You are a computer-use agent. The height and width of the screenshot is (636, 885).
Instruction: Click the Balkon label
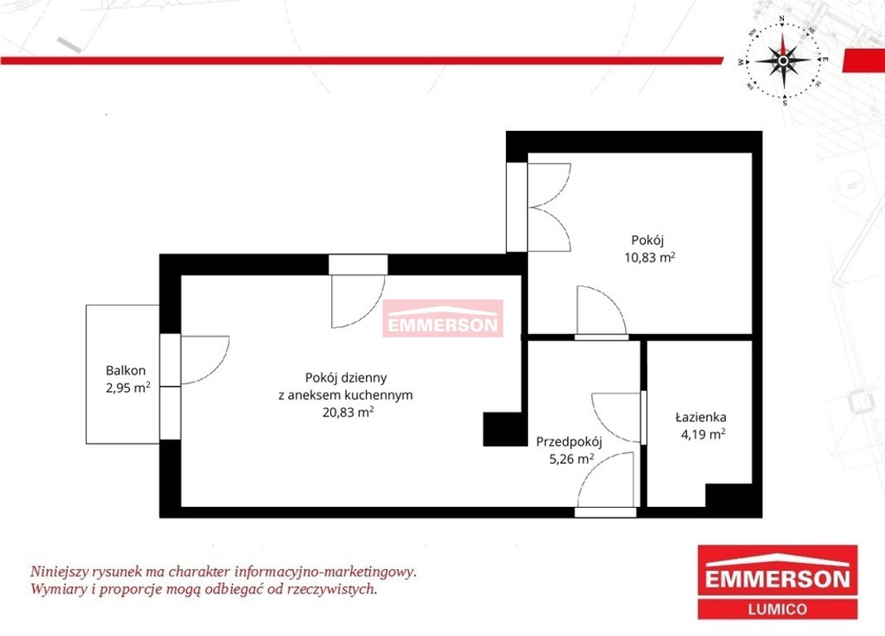pos(125,370)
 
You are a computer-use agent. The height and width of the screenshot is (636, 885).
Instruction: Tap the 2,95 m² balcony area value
pos(128,388)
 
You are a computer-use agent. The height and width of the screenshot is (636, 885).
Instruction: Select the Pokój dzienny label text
pos(345,378)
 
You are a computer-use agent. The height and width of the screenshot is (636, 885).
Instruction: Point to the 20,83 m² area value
pos(348,412)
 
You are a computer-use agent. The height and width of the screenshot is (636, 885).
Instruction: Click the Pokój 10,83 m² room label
pos(650,248)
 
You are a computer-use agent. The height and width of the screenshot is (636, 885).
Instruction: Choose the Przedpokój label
pos(570,441)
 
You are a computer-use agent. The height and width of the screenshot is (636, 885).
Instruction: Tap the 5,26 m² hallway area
pos(571,459)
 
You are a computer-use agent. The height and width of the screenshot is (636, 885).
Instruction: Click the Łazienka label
pos(700,417)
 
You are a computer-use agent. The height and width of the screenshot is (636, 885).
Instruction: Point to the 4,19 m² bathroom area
pos(703,435)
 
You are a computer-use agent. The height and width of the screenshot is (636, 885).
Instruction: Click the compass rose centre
pos(783,60)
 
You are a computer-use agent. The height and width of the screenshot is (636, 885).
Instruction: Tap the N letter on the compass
pos(782,19)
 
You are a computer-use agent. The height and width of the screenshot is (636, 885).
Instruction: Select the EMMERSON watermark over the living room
pos(442,319)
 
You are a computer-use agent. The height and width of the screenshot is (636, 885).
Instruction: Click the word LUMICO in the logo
pos(777,609)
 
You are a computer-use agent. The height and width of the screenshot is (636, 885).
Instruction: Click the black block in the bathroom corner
pos(729,495)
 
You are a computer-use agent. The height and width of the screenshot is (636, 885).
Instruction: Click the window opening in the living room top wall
pos(358,264)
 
